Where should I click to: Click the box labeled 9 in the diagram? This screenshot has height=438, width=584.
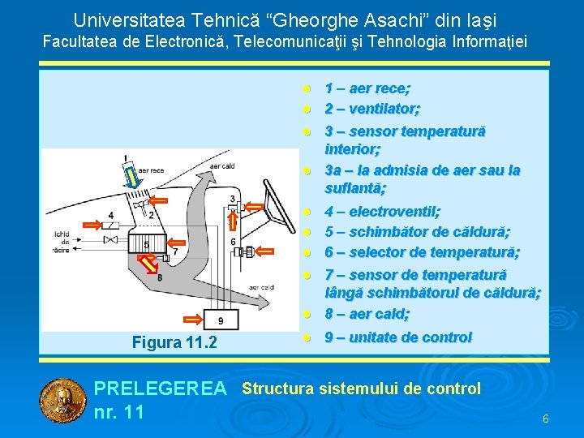[221, 322]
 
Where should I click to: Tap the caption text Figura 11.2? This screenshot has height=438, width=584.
[174, 342]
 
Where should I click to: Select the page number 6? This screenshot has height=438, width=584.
[545, 419]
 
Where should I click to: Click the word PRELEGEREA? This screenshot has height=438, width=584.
[161, 389]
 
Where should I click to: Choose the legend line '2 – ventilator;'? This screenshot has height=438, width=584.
[372, 109]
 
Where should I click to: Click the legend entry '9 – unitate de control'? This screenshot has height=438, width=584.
[398, 337]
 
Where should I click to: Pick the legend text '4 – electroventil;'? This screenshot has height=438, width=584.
[383, 212]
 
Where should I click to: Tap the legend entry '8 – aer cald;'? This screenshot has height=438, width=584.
[367, 313]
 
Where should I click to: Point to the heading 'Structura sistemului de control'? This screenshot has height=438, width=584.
[361, 389]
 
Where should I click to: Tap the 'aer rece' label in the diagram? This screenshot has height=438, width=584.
[152, 170]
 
